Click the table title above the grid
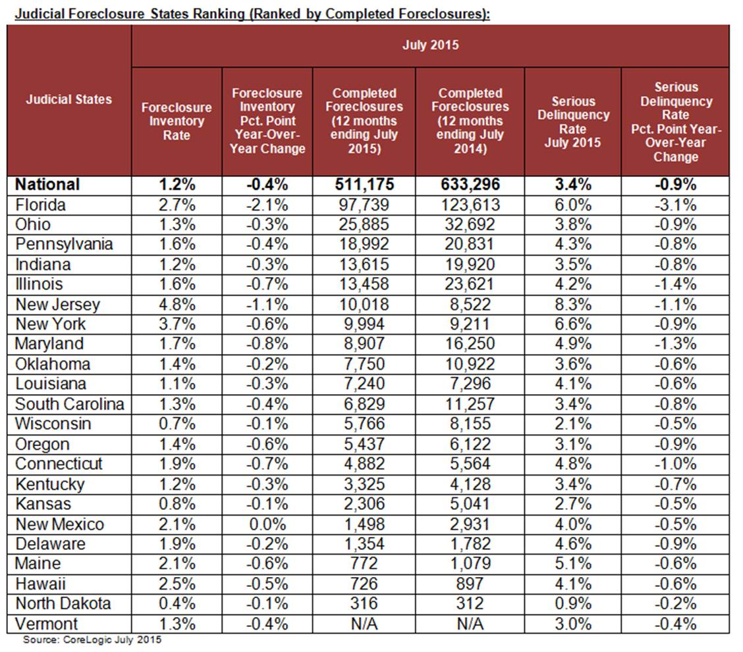click(x=248, y=13)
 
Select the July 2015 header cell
click(x=430, y=45)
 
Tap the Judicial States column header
click(x=69, y=99)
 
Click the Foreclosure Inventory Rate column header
click(x=177, y=120)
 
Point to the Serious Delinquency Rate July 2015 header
click(x=572, y=121)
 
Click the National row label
click(x=47, y=185)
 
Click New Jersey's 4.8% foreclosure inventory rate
click(x=177, y=304)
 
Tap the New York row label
click(x=50, y=324)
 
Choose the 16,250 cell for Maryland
click(x=470, y=344)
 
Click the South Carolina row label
click(x=69, y=404)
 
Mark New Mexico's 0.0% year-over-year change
click(x=267, y=524)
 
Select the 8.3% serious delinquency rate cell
click(x=572, y=304)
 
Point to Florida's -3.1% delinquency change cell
click(x=674, y=205)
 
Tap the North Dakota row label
click(x=63, y=604)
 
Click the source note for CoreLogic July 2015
click(x=92, y=639)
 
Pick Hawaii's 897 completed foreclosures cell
click(x=470, y=584)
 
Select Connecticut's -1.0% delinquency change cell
click(x=674, y=464)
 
